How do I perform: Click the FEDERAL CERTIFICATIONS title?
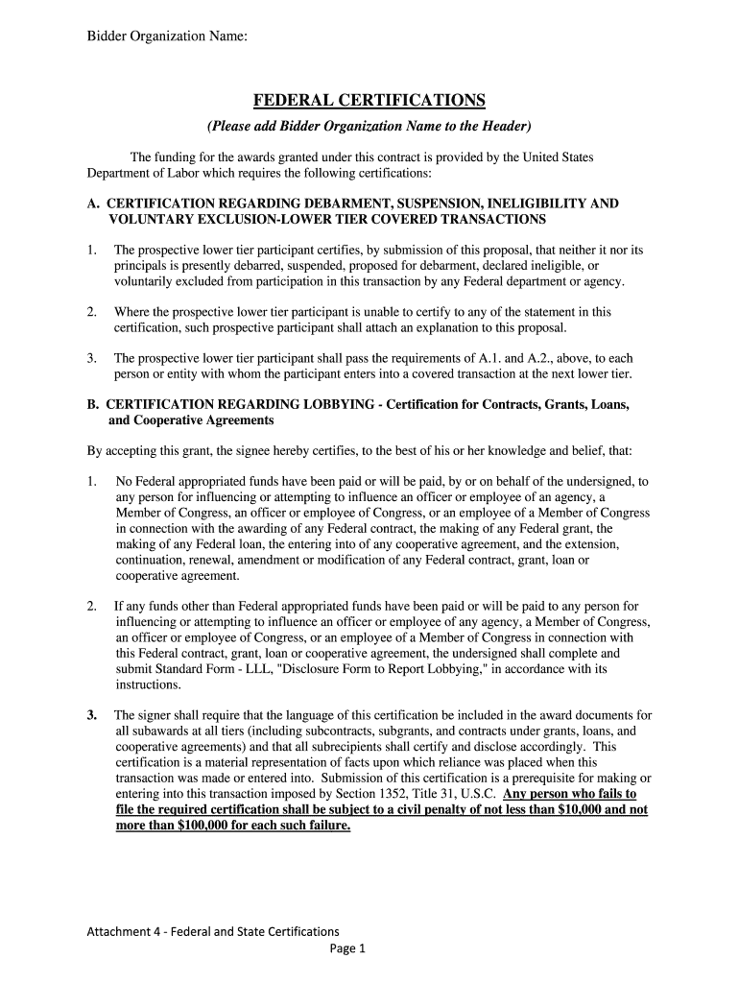369,101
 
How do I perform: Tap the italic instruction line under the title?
369,127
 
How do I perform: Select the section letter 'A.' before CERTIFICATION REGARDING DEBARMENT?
93,204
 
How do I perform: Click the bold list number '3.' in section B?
92,715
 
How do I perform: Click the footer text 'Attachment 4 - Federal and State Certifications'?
213,931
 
